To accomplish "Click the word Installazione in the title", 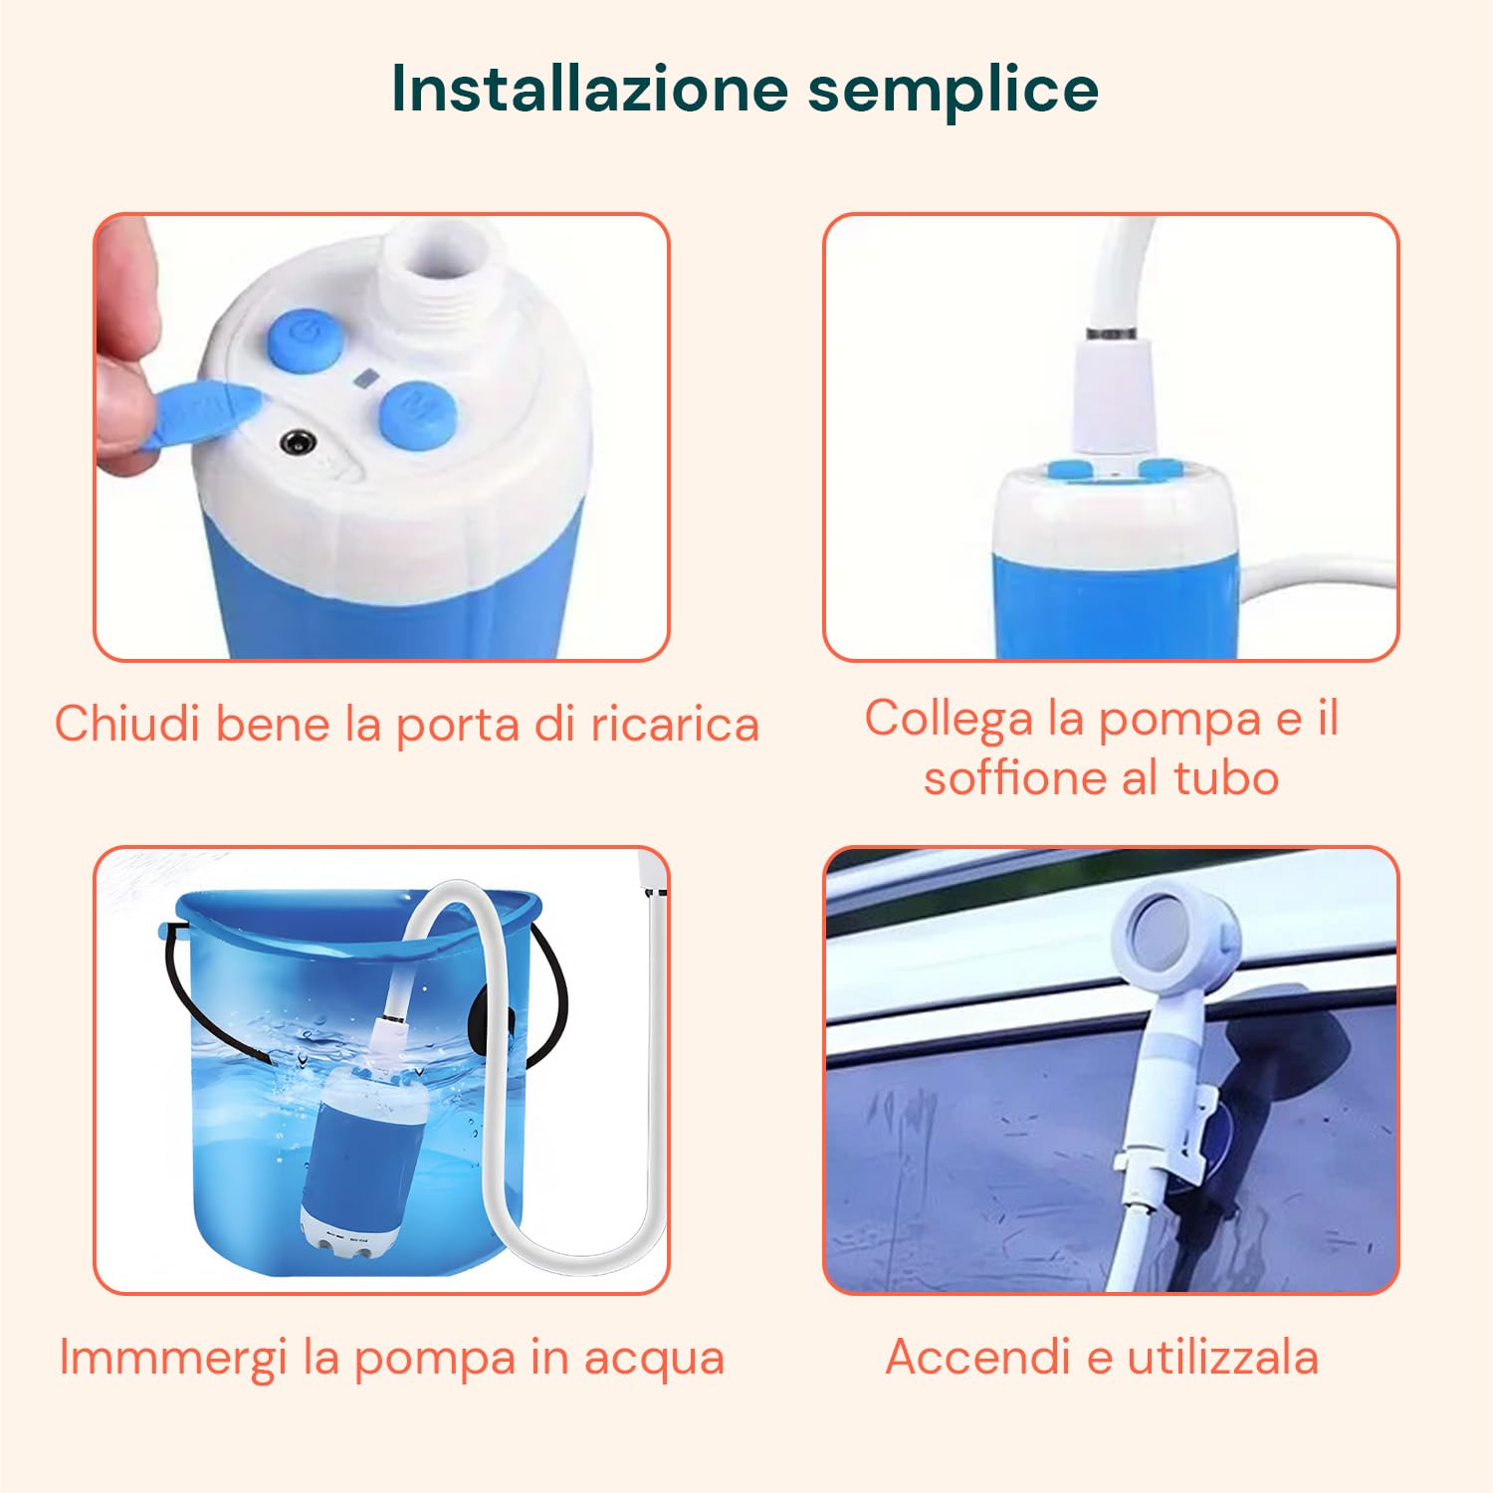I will [589, 89].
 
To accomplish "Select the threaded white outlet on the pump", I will [435, 266].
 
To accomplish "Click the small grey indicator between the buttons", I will [365, 378].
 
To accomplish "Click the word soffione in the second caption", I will [1014, 777].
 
